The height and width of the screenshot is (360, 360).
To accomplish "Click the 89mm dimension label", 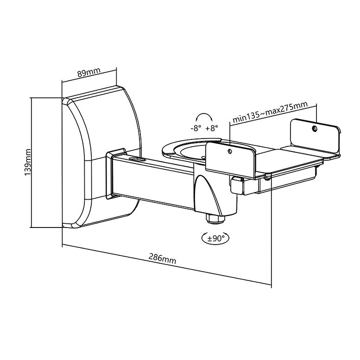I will coord(88,73).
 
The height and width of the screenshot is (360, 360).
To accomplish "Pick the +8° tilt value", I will coord(212,128).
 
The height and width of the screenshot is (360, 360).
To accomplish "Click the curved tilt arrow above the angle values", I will coord(204,117).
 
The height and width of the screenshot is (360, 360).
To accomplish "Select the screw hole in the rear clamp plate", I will coord(314,128).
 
